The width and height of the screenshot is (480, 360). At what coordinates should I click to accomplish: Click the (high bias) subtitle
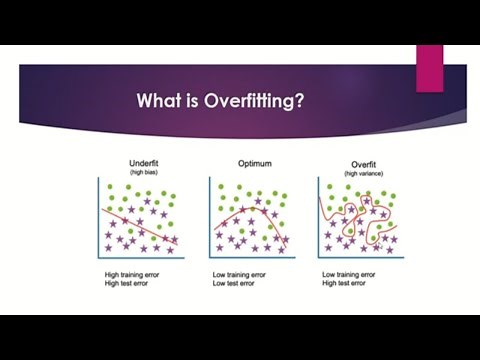145,172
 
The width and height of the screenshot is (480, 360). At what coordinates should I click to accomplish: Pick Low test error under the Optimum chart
237,283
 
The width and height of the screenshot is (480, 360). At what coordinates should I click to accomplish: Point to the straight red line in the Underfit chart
140,225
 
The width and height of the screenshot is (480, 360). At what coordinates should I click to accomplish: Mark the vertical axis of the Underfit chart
98,215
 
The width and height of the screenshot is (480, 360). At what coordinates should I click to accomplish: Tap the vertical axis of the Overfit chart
318,215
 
